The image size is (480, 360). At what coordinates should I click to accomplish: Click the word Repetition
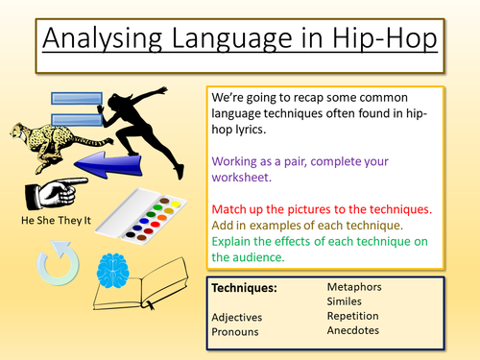click(x=351, y=315)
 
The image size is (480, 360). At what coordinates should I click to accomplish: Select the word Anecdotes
click(x=352, y=330)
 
